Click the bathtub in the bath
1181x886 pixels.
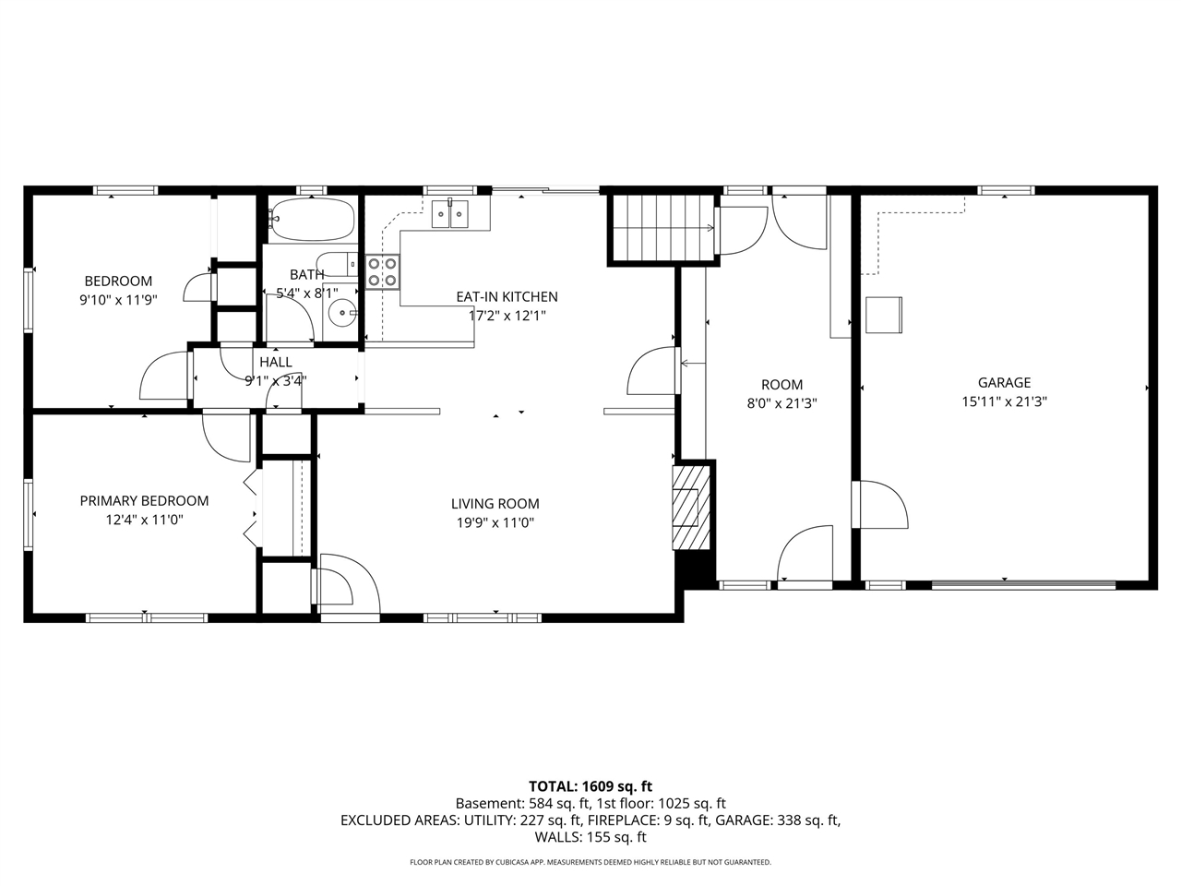click(312, 220)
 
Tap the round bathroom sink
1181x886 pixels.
click(340, 313)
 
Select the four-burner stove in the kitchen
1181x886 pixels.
click(383, 271)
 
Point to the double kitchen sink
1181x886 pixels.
click(450, 214)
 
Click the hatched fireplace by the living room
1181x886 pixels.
click(691, 508)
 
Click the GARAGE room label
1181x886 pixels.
click(1004, 382)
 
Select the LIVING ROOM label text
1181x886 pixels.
click(495, 504)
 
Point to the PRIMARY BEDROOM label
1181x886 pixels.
click(144, 501)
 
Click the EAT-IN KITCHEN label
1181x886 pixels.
click(507, 296)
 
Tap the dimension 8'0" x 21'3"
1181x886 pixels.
click(781, 403)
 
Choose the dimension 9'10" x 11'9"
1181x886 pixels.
click(118, 300)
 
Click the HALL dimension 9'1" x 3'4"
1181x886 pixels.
click(276, 381)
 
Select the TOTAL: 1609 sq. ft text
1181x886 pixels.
click(590, 786)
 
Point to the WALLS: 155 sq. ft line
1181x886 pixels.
click(590, 837)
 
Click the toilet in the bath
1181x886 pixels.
click(337, 264)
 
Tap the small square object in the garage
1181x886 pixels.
click(884, 315)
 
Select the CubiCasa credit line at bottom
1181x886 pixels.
click(590, 862)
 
